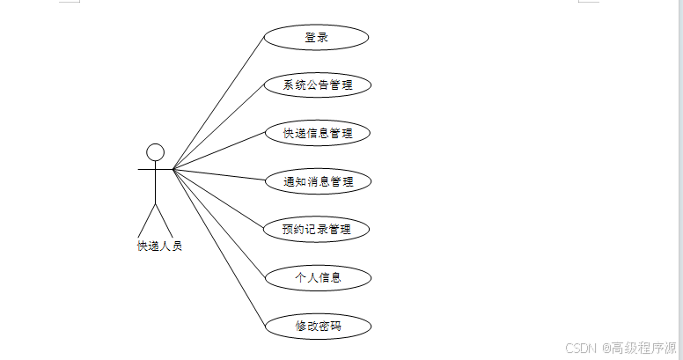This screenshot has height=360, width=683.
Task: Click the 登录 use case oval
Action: pyautogui.click(x=316, y=37)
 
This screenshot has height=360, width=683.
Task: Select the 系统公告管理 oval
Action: pyautogui.click(x=318, y=85)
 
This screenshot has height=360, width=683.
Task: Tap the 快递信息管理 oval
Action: pyautogui.click(x=318, y=134)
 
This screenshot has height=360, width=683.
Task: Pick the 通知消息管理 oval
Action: pyautogui.click(x=318, y=182)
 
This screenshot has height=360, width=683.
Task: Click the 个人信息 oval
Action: pyautogui.click(x=318, y=277)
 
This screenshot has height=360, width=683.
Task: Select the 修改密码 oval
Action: pyautogui.click(x=318, y=326)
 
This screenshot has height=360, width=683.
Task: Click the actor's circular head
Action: pyautogui.click(x=156, y=151)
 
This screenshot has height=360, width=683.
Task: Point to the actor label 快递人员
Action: pyautogui.click(x=159, y=246)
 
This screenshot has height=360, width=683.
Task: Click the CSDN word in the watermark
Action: pyautogui.click(x=581, y=348)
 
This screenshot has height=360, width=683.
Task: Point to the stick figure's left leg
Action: pyautogui.click(x=148, y=219)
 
